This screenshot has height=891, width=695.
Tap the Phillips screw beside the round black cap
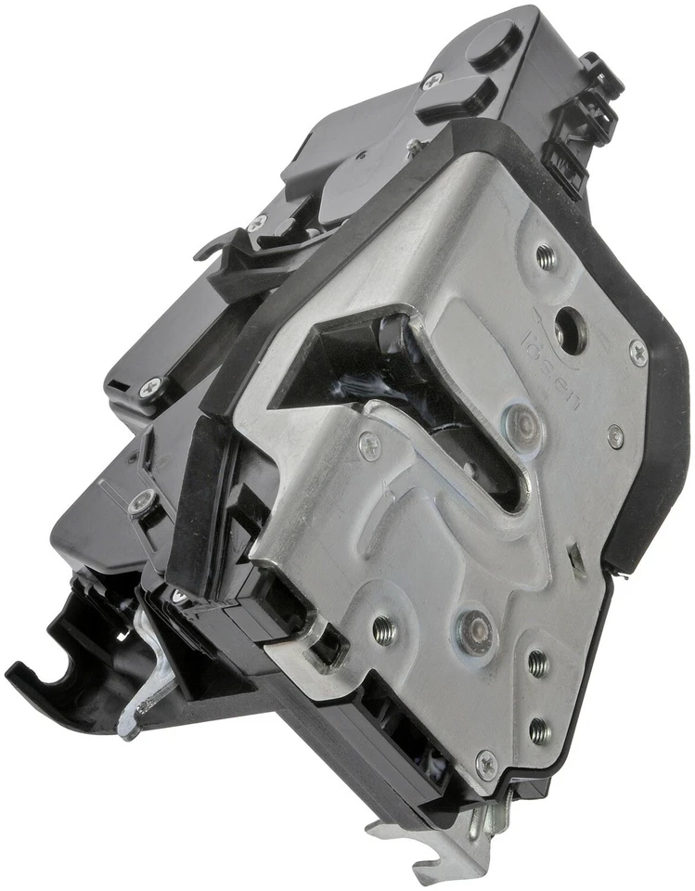point(431,81)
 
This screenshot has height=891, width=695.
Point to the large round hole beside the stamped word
point(568,329)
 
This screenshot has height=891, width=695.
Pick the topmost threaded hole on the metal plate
point(546,257)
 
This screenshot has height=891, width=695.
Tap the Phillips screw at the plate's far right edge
point(637,352)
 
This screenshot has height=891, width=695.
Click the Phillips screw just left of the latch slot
point(368,446)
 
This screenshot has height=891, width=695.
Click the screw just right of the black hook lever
point(260,222)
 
